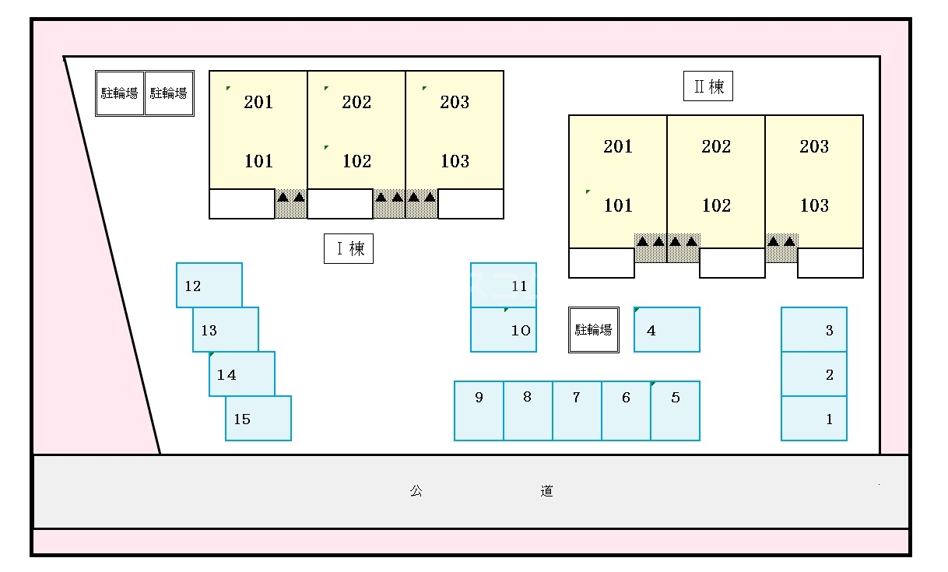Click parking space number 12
(209, 286)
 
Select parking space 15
(258, 419)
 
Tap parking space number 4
(667, 330)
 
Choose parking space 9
(479, 410)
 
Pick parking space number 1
(814, 419)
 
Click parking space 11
(504, 286)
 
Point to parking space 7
(577, 410)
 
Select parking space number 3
(814, 330)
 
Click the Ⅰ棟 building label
(349, 249)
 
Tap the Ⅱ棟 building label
(708, 86)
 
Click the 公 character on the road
(416, 491)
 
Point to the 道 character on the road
(547, 491)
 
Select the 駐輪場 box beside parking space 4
(593, 330)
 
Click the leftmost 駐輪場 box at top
(120, 93)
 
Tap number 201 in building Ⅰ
(258, 102)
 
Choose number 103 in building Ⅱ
(814, 205)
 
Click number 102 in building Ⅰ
(356, 161)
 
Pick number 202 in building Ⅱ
(716, 146)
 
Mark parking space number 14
(242, 374)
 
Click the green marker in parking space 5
(653, 384)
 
